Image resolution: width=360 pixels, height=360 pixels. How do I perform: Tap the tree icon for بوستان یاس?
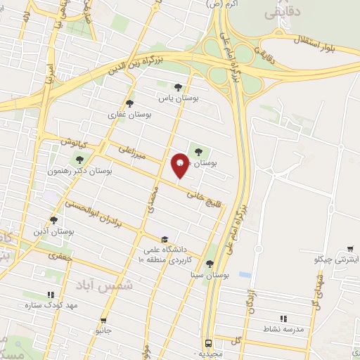pos(178,87)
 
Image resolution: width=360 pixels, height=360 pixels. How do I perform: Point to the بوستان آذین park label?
pos(54,231)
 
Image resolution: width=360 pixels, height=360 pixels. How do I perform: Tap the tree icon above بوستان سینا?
pos(209,264)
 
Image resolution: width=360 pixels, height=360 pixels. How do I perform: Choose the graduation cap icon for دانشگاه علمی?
pos(165,239)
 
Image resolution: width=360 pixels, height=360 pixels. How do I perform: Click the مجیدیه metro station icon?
pos(208,344)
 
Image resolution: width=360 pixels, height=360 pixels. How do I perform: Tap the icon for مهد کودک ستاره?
pos(50,296)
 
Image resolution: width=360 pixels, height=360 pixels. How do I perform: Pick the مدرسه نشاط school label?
pos(283,329)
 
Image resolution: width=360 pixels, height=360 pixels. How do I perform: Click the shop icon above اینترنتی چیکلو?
pos(350,249)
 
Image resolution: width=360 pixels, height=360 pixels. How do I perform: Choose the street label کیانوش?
pos(72,142)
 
